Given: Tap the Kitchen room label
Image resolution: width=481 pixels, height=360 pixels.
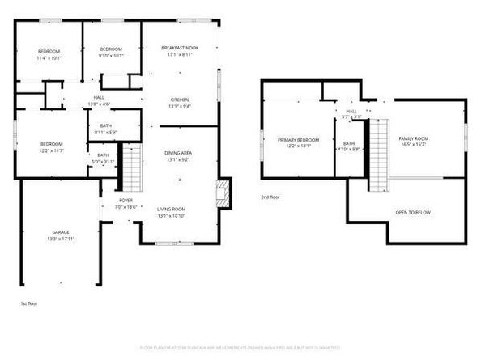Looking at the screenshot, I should coord(180,103).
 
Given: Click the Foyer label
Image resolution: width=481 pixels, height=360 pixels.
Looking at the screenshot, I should coord(125,201).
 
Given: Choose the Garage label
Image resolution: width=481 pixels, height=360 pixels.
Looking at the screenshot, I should coord(61,235).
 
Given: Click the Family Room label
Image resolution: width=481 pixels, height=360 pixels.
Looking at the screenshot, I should coord(413,142).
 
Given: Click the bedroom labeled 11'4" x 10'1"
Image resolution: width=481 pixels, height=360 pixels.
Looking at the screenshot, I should coord(48,54).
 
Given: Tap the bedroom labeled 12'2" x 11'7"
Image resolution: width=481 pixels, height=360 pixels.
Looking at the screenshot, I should coord(50,147).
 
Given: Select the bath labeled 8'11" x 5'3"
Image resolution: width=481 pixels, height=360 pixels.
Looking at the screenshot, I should coord(106,129).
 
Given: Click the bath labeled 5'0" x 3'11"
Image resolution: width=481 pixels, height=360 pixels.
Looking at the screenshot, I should coord(103,158).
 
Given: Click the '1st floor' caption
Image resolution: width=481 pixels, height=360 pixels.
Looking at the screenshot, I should coord(29,303).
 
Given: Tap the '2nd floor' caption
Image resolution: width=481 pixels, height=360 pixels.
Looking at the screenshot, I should coord(271,197).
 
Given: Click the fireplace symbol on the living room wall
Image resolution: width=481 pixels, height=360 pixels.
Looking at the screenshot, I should coord(222,193).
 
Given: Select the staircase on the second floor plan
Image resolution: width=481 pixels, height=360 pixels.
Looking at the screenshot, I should coord(380,154).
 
